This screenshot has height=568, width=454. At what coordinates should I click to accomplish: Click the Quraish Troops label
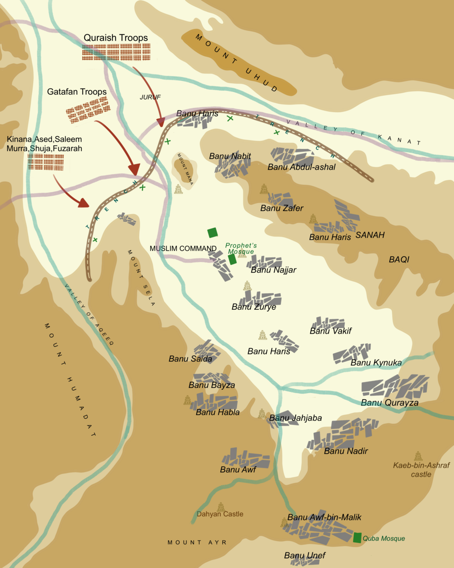(x=116, y=38)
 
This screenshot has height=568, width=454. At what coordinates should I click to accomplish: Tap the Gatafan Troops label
(x=77, y=91)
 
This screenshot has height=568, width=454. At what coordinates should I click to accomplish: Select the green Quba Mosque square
(x=358, y=537)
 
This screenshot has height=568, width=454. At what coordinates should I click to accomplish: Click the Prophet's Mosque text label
(x=241, y=248)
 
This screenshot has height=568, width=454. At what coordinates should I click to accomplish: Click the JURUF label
(x=150, y=97)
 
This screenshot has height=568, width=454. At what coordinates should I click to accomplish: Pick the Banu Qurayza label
(x=390, y=402)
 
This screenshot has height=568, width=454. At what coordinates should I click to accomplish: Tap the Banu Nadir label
(x=346, y=451)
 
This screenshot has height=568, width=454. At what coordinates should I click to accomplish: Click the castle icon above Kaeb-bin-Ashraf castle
(x=418, y=456)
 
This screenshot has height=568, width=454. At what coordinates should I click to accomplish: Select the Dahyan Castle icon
(x=221, y=507)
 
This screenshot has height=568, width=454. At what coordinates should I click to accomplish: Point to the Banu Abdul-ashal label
(x=301, y=167)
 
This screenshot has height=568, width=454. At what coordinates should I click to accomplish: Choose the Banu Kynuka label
(x=376, y=363)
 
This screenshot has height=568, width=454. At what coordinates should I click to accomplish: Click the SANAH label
(x=370, y=235)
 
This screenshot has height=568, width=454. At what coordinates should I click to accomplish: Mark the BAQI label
(x=399, y=260)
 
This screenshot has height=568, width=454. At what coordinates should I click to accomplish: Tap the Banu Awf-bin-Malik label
(x=324, y=517)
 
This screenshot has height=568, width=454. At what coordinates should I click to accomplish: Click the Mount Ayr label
(x=197, y=542)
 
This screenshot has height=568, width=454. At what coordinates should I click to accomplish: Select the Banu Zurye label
(x=253, y=307)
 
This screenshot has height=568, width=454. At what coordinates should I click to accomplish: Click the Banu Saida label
(x=187, y=359)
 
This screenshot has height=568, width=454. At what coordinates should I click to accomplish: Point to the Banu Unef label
(x=305, y=555)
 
